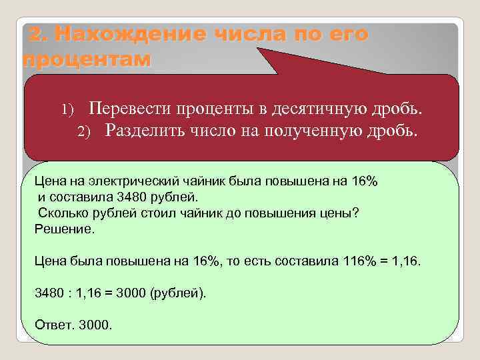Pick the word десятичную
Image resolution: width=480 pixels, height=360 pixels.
(x=317, y=108)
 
